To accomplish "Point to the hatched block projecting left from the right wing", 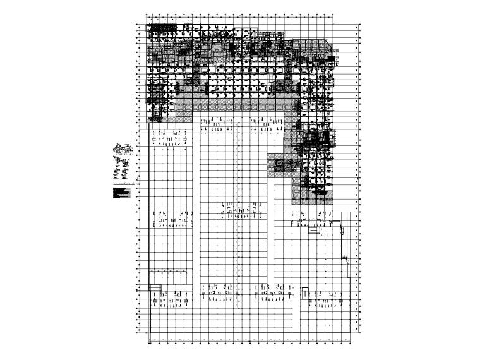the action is (277, 162).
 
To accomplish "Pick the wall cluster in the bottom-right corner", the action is (322, 297).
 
